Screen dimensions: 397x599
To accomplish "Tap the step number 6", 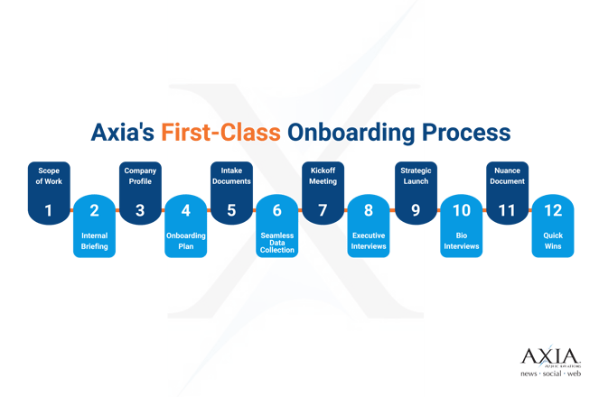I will coord(276,210).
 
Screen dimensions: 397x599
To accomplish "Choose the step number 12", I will coord(553,210).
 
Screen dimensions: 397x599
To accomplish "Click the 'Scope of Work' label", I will coord(48,175).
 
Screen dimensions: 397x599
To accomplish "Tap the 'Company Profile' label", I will coord(140,175).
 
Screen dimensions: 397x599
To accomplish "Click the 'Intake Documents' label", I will coord(231,175).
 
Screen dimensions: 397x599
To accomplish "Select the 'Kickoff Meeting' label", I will coord(323,175).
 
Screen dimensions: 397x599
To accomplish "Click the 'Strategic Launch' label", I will coord(416,175).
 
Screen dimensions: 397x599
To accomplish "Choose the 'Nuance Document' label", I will coord(507,175).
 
